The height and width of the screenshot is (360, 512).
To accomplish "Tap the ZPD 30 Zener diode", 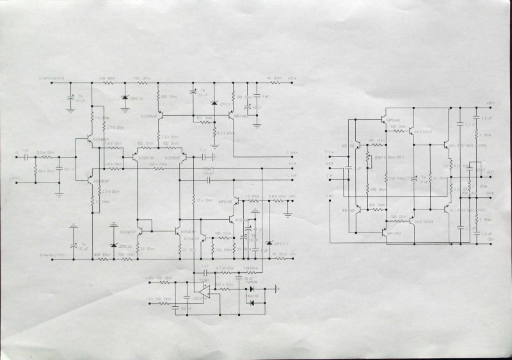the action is tap(114, 245).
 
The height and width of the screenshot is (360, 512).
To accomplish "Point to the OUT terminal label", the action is tap(490, 172).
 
